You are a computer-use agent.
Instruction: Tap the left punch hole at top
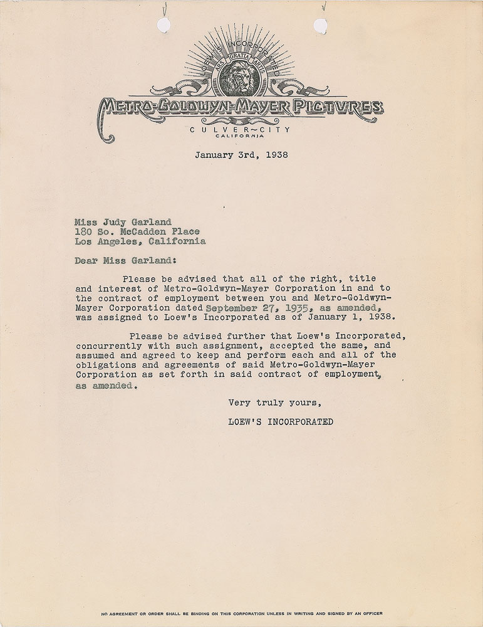[164, 25]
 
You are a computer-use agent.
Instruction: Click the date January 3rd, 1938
[242, 155]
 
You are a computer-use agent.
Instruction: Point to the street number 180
[83, 231]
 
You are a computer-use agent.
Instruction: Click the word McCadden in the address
[143, 231]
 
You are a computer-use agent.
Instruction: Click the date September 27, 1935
[246, 308]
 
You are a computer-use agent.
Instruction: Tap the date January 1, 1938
[360, 318]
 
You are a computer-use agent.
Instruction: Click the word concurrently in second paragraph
[106, 345]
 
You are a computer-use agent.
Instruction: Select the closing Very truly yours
[274, 403]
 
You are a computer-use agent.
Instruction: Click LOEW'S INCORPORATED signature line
[281, 422]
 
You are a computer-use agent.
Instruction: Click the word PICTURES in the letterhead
[343, 108]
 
